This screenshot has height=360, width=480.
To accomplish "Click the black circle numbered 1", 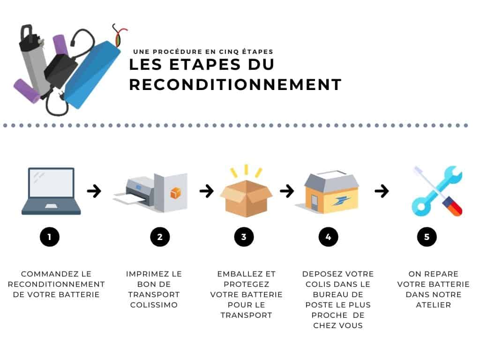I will click(49, 237).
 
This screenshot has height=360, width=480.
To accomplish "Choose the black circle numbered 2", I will click(160, 237).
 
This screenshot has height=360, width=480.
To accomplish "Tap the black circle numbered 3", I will click(244, 237).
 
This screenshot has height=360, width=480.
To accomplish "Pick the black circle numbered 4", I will click(328, 237).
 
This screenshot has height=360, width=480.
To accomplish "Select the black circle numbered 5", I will click(427, 237).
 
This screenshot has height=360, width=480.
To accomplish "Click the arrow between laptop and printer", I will click(94, 191).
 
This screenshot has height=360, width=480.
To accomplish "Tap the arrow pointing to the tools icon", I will click(382, 191).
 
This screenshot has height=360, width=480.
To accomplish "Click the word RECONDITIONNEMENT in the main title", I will click(235, 85).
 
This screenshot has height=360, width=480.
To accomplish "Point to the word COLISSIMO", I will click(154, 305).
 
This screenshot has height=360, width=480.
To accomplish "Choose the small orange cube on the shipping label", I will click(175, 193).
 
